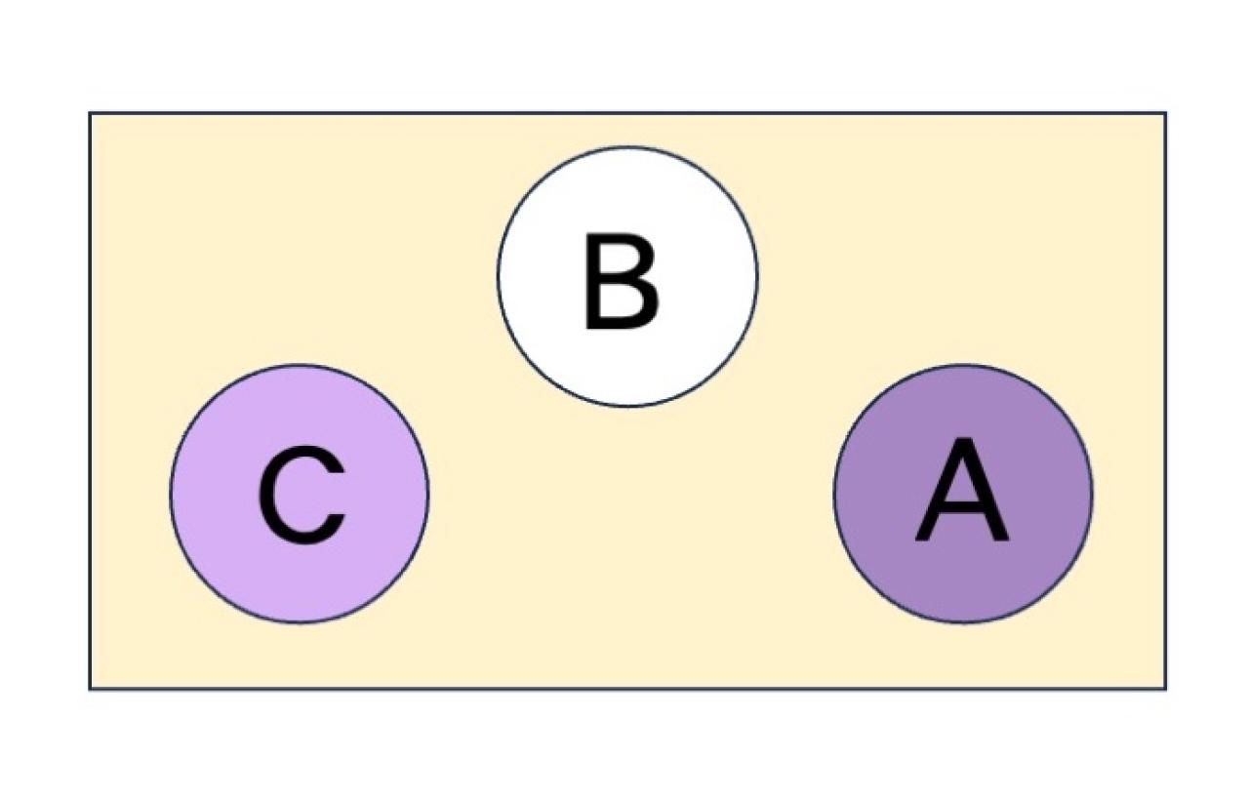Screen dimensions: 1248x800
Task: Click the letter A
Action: coord(962,489)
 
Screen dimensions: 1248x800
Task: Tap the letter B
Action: coord(622,281)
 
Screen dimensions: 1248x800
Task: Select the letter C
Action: coord(301,495)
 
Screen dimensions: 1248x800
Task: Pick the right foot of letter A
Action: coord(999,537)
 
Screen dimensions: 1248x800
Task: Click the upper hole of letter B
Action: coord(619,260)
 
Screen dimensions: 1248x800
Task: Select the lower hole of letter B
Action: coord(621,300)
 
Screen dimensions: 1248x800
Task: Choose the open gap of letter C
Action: coord(336,495)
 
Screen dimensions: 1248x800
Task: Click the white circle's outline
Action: coord(627,147)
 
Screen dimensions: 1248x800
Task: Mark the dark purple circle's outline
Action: coord(963,366)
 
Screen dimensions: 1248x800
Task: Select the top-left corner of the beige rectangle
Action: coord(90,113)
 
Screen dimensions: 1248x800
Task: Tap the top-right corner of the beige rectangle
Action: coord(1165,113)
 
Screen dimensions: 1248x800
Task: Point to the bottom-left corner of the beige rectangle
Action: coord(90,689)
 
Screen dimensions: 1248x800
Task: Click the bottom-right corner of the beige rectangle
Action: coord(1165,689)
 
